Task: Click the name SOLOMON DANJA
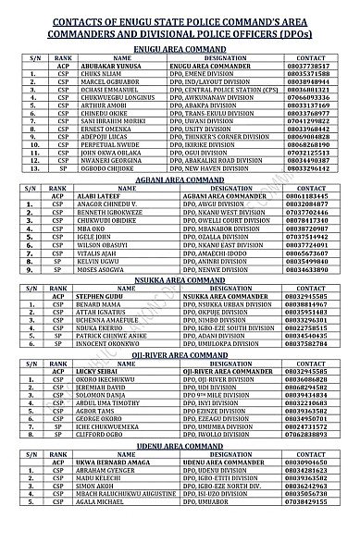[106, 499]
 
